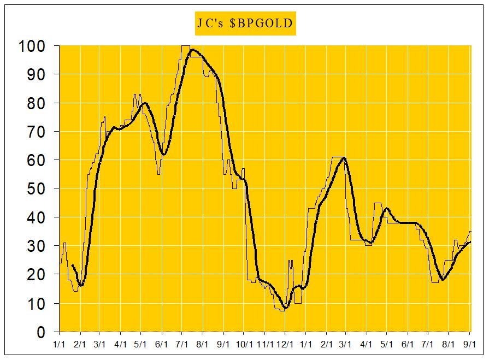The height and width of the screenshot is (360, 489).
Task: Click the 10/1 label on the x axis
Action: click(x=244, y=344)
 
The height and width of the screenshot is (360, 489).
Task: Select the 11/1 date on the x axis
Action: click(x=264, y=344)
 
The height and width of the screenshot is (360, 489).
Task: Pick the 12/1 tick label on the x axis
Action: click(x=285, y=344)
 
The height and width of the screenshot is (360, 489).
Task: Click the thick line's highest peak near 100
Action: click(x=192, y=50)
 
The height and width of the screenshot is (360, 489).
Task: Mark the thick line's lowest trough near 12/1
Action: click(x=285, y=308)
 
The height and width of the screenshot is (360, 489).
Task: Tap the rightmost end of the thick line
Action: click(x=470, y=242)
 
